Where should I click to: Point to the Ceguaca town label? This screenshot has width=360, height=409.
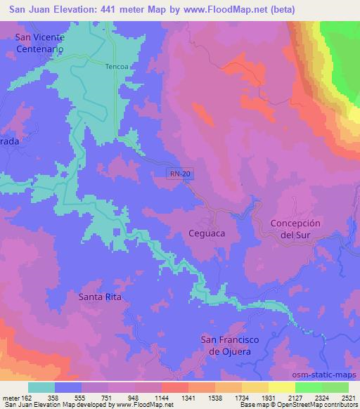(x=207, y=233)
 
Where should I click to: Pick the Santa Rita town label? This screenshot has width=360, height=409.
(x=101, y=297)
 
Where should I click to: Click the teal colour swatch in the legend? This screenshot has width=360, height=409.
(x=42, y=387)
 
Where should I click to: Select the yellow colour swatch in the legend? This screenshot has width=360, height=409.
(x=281, y=387)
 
